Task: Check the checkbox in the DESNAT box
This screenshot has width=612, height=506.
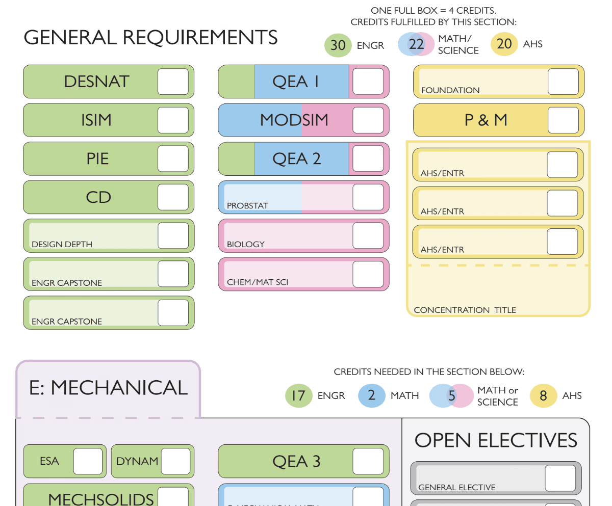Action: (x=173, y=82)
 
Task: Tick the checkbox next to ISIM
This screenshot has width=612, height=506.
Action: (x=173, y=120)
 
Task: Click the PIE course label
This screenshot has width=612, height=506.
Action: (x=97, y=158)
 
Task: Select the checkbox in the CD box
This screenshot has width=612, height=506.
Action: (x=173, y=197)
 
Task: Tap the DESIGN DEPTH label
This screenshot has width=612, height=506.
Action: (x=62, y=244)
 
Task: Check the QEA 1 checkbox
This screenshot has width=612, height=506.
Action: (x=368, y=82)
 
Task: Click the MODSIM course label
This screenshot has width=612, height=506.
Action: (x=294, y=120)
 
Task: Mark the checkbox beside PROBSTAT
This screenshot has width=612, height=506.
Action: (x=368, y=197)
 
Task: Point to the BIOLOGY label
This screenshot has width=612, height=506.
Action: (x=246, y=244)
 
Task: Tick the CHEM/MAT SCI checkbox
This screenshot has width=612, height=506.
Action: (x=368, y=274)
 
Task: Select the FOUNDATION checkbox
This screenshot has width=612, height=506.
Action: (x=563, y=82)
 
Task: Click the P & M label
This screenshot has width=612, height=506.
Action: (x=486, y=120)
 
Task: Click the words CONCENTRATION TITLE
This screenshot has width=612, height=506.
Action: (x=465, y=310)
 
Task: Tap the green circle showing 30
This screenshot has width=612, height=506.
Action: (x=338, y=45)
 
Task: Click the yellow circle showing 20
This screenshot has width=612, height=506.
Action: (x=504, y=44)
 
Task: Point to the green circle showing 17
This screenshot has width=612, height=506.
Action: (x=298, y=396)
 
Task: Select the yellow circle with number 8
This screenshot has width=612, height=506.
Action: (x=543, y=396)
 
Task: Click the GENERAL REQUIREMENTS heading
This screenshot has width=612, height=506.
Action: (x=151, y=37)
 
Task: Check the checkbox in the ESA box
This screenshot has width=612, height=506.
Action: (x=88, y=461)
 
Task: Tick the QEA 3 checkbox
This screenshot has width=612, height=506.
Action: (x=368, y=461)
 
